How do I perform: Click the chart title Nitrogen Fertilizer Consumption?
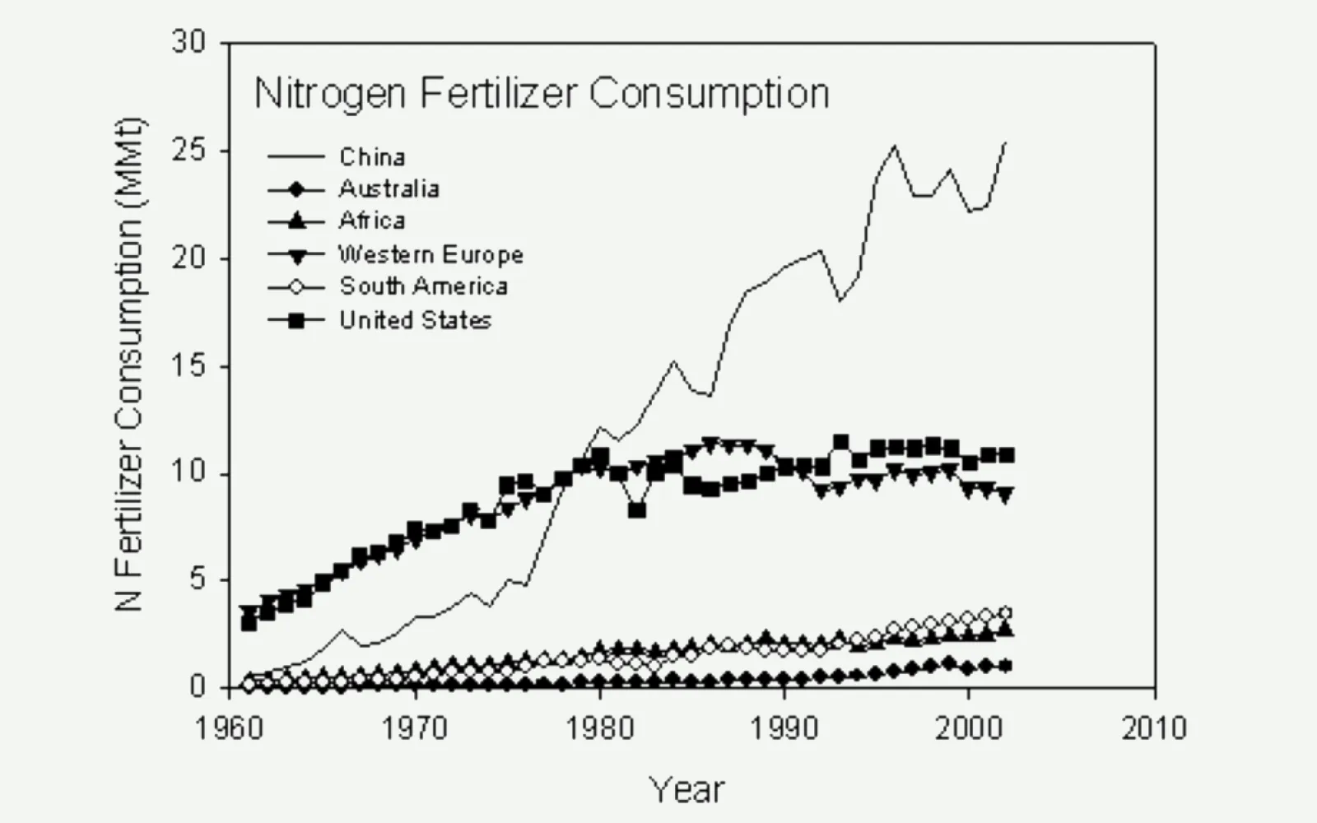pos(542,94)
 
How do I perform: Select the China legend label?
pos(372,156)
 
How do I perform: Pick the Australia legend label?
pos(389,188)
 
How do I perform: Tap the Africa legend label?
pos(372,221)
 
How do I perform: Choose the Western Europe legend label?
pos(430,254)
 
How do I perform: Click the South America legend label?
pos(423,286)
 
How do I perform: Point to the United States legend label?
pos(415,319)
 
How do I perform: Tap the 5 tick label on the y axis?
pos(197,580)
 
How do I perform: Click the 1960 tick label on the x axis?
pos(229,728)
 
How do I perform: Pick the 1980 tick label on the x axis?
pos(599,728)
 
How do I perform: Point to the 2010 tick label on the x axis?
pos(1154,728)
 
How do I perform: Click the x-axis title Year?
pos(687,789)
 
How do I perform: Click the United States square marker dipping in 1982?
pos(637,510)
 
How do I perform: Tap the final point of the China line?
pos(1006,142)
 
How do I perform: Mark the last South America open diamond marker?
pos(1005,613)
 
